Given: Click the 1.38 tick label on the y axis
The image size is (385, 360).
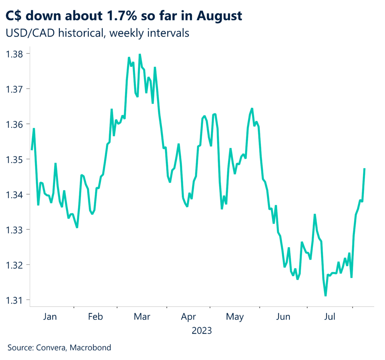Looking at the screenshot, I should (15, 54).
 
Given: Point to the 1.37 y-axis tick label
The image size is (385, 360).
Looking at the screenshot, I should (15, 89).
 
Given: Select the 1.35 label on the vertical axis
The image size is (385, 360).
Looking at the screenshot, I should (15, 159).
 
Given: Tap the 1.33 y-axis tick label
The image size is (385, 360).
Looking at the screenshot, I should (15, 230).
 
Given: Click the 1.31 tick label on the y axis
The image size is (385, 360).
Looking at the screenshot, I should (15, 300).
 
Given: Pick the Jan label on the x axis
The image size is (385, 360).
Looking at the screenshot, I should (50, 317).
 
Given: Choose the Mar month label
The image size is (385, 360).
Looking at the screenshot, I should (142, 317).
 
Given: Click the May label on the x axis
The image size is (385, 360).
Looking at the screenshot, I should (235, 317).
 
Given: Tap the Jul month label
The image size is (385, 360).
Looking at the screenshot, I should (329, 317).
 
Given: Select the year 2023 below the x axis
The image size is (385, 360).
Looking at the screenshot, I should (202, 331).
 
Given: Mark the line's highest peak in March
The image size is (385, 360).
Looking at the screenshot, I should (140, 54).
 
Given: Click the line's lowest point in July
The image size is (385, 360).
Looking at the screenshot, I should (325, 296).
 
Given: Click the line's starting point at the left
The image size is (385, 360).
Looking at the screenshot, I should (32, 150).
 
